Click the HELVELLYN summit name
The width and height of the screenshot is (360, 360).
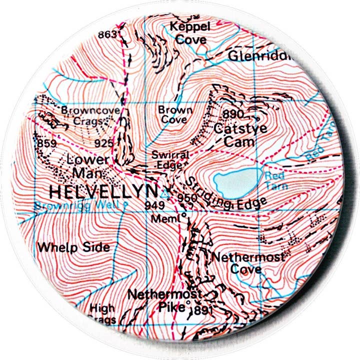tap(103, 191)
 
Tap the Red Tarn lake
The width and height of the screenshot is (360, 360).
tap(236, 181)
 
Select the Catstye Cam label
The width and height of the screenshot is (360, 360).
tap(239, 134)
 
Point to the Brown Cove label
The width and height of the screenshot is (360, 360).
tap(174, 114)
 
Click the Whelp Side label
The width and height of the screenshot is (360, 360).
tap(73, 247)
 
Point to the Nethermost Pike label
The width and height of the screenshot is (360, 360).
tap(165, 300)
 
